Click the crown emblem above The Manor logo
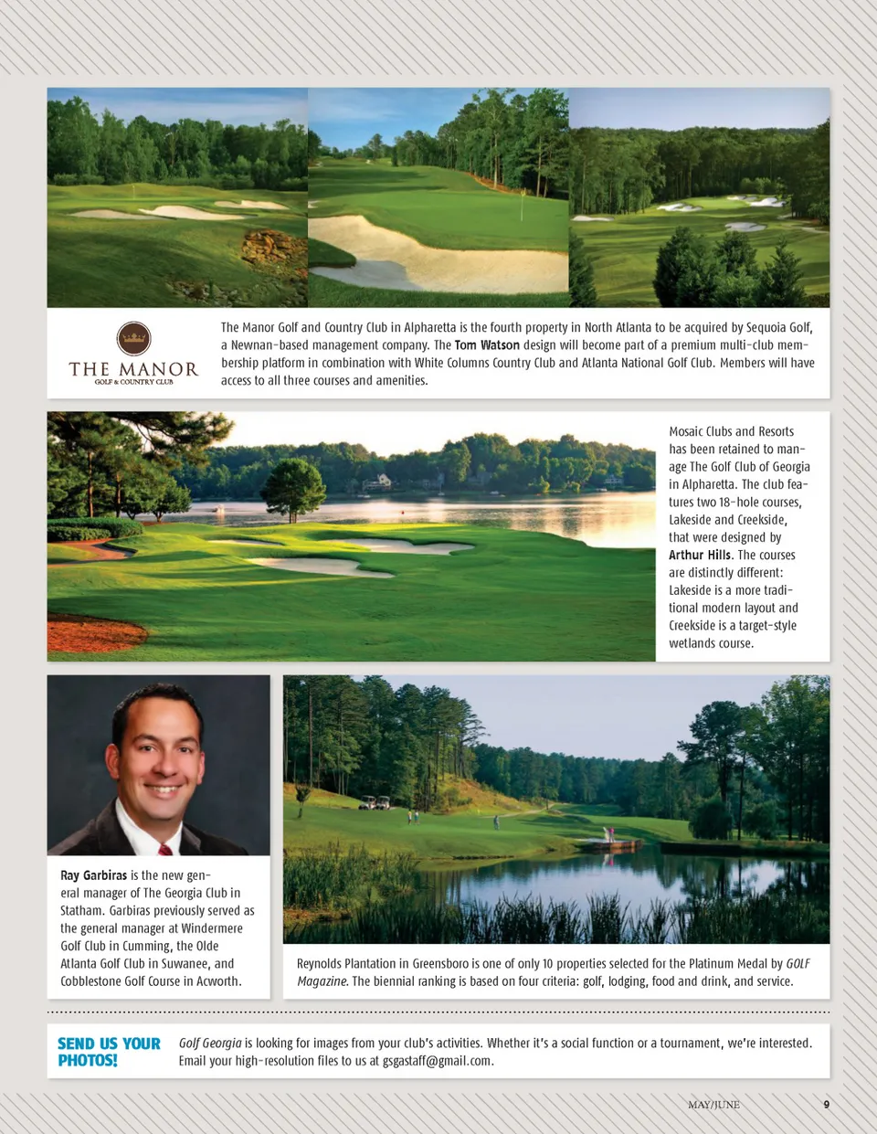133,338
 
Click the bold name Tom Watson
487,345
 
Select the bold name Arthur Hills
700,555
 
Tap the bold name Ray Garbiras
93,875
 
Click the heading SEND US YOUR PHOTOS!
108,1052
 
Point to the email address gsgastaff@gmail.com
437,1061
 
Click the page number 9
827,1105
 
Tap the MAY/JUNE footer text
713,1105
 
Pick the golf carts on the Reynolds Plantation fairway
374,803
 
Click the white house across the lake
378,482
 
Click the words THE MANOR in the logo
133,369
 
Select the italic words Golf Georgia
210,1043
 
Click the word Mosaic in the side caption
686,431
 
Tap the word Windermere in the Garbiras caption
212,928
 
